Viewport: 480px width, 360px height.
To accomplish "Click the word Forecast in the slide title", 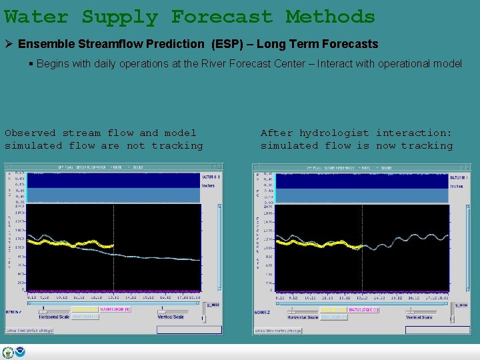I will pos(222,17).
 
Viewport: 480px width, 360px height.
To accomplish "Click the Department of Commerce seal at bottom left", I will pos(8,353).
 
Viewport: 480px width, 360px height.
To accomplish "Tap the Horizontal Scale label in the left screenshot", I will pos(54,317).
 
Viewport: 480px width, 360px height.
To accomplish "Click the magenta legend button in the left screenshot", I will pos(115,309).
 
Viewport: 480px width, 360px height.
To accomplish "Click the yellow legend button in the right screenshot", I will pos(333,310).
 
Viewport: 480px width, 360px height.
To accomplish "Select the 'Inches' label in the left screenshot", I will pos(208,185).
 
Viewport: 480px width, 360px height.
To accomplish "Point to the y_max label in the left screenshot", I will pos(211,305).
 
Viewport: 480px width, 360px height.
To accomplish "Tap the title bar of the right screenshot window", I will pos(362,167).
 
